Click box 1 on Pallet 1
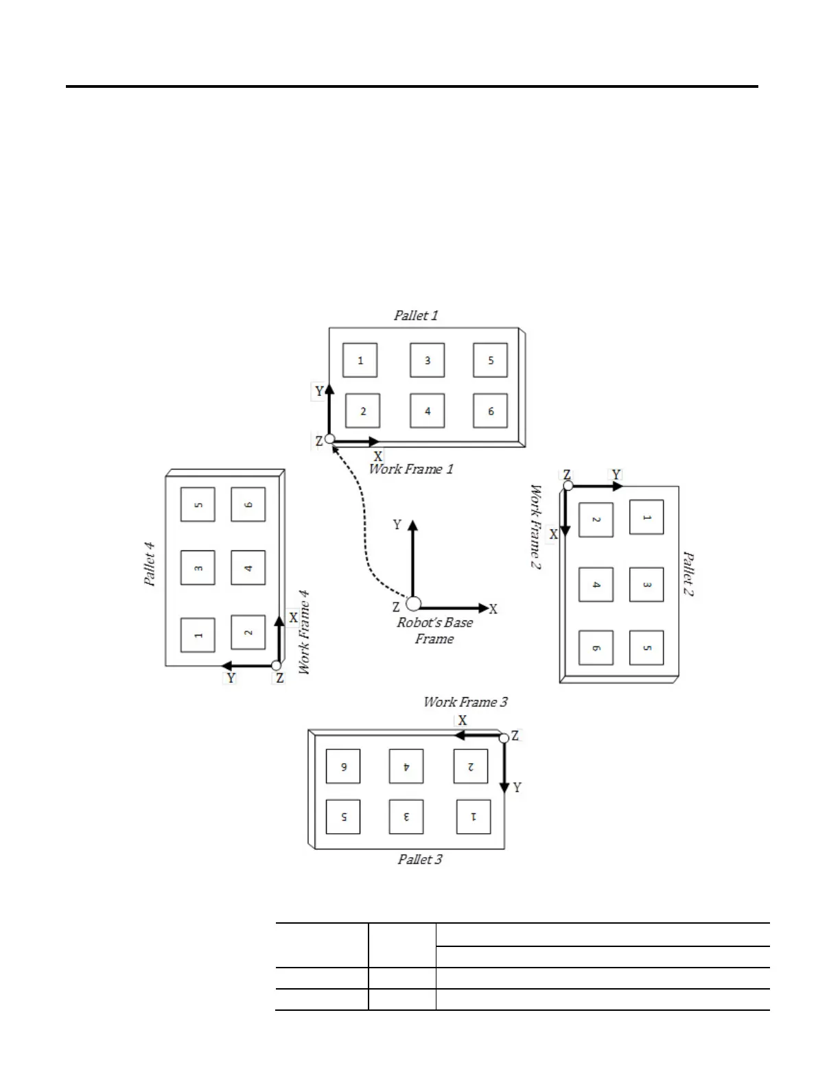(360, 360)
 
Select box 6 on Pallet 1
(491, 411)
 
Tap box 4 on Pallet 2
(596, 585)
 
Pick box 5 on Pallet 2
(646, 648)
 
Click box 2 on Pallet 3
(471, 766)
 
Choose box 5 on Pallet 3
(343, 817)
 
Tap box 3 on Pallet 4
(198, 568)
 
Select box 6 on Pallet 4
(248, 504)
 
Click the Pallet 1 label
(415, 316)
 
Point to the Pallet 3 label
(420, 859)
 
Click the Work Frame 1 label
(411, 469)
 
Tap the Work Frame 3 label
(465, 702)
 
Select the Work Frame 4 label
(304, 632)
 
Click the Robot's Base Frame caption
(434, 631)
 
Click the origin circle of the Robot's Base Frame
(413, 604)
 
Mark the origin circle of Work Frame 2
(568, 486)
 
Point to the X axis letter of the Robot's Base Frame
(493, 609)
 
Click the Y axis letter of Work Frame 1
(319, 392)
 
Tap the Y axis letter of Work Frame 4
(231, 678)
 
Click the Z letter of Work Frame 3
(515, 736)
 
